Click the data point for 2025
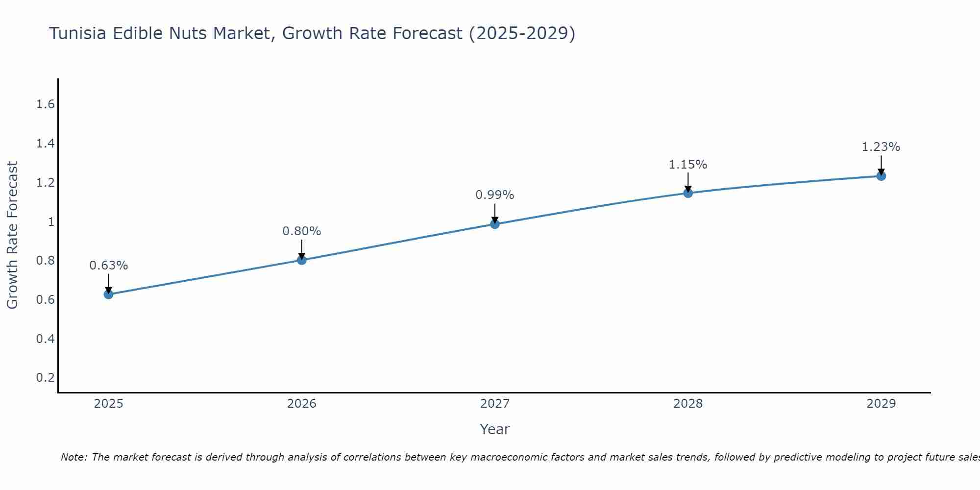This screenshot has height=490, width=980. [x=108, y=294]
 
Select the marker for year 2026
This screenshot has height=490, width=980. [x=302, y=260]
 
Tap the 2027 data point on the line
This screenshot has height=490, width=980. [x=495, y=224]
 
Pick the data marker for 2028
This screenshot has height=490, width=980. [x=688, y=193]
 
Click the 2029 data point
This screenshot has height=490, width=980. [x=881, y=176]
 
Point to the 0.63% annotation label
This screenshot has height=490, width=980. [x=108, y=266]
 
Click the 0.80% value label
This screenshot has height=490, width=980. [x=302, y=231]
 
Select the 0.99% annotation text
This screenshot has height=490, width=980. [x=495, y=195]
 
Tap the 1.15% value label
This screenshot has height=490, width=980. [x=688, y=165]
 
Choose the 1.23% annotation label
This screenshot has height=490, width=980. [x=881, y=147]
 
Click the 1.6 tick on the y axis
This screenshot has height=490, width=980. [x=45, y=104]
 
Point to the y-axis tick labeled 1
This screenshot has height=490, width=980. [x=50, y=221]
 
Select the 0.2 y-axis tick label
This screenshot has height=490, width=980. [x=45, y=377]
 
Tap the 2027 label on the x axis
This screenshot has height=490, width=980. [x=495, y=404]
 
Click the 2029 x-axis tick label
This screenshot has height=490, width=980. [x=881, y=404]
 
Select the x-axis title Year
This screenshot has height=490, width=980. [x=495, y=429]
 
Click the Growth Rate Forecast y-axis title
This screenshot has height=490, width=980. [x=12, y=235]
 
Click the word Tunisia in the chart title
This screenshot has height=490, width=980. [x=78, y=33]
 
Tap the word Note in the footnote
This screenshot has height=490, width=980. [x=73, y=457]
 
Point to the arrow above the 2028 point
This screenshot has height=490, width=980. [x=688, y=182]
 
